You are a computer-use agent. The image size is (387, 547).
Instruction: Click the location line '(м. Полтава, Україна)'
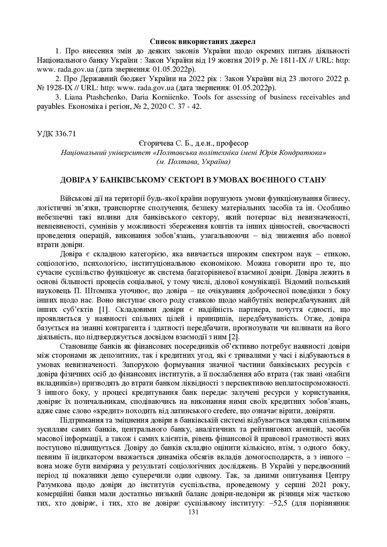point(193,161)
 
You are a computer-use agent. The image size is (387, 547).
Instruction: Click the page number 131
point(193,512)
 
